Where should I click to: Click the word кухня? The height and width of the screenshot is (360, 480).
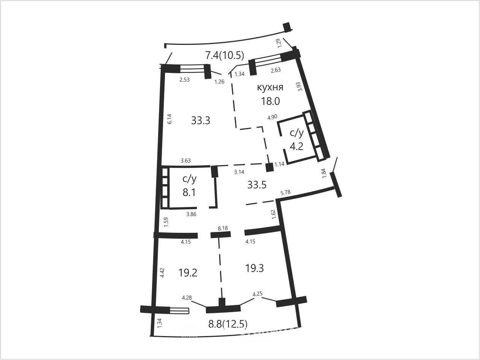[x=270, y=87]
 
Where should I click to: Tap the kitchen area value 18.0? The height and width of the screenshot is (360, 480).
[x=271, y=101]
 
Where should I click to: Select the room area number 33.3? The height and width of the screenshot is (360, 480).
[x=201, y=120]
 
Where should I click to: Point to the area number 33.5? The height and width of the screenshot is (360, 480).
[x=257, y=185]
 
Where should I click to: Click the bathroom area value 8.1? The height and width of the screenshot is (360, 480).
[x=189, y=193]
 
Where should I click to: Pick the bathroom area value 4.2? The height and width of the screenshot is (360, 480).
[x=296, y=146]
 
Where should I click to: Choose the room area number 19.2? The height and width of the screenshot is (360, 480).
[x=188, y=273]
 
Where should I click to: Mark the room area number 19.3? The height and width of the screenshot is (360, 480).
[x=255, y=268]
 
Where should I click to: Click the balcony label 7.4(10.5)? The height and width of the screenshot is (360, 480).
[x=225, y=55]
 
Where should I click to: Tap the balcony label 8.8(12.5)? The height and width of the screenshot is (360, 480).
[x=228, y=324]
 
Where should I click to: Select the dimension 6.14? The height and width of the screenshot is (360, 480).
[x=170, y=119]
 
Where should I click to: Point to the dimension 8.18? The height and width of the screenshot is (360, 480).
[x=223, y=228]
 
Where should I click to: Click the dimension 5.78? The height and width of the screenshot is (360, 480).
[x=285, y=192]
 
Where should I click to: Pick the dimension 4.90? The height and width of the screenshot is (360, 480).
[x=272, y=117]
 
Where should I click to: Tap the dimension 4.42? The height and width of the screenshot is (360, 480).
[x=162, y=273]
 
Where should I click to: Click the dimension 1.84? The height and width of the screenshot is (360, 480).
[x=324, y=173]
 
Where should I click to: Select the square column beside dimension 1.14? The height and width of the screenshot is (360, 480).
[x=269, y=167]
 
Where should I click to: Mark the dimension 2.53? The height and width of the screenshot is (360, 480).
[x=184, y=80]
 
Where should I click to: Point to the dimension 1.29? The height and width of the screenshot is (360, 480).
[x=279, y=43]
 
